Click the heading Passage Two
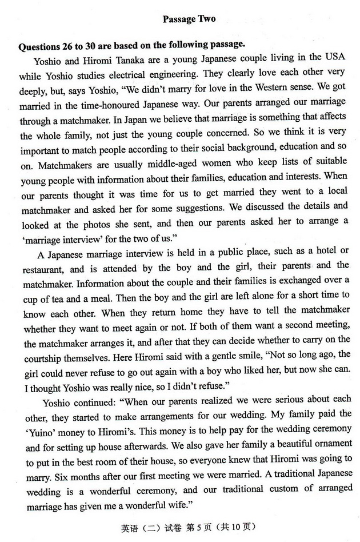(189, 19)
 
